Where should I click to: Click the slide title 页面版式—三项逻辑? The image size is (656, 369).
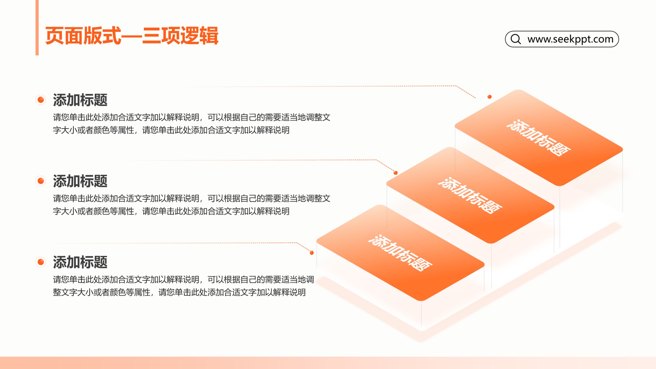(x=132, y=36)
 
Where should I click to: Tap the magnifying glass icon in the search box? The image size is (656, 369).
(x=516, y=39)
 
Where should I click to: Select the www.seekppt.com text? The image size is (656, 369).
(x=570, y=39)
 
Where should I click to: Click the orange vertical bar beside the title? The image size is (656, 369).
(x=37, y=28)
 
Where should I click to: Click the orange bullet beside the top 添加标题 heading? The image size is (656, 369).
(x=41, y=100)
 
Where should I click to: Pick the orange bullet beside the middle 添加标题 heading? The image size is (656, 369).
(x=41, y=181)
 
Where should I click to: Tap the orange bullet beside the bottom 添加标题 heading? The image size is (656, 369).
(x=41, y=262)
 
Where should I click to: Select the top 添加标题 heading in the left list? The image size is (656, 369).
(x=80, y=100)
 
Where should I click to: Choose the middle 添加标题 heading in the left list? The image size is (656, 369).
(x=80, y=181)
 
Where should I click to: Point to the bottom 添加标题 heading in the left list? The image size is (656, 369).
(x=80, y=262)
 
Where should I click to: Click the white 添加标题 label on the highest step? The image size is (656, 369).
(x=538, y=138)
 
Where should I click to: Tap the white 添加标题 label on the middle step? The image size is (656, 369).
(x=470, y=196)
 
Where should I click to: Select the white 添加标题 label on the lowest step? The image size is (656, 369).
(x=400, y=253)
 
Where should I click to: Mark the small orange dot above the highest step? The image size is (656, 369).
(x=489, y=97)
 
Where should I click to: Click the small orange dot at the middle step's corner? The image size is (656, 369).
(x=396, y=173)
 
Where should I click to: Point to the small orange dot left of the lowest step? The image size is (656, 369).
(x=312, y=253)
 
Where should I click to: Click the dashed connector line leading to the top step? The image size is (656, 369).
(x=328, y=86)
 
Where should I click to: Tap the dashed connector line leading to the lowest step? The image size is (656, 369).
(x=176, y=243)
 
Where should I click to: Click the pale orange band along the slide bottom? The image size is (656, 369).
(x=328, y=363)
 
